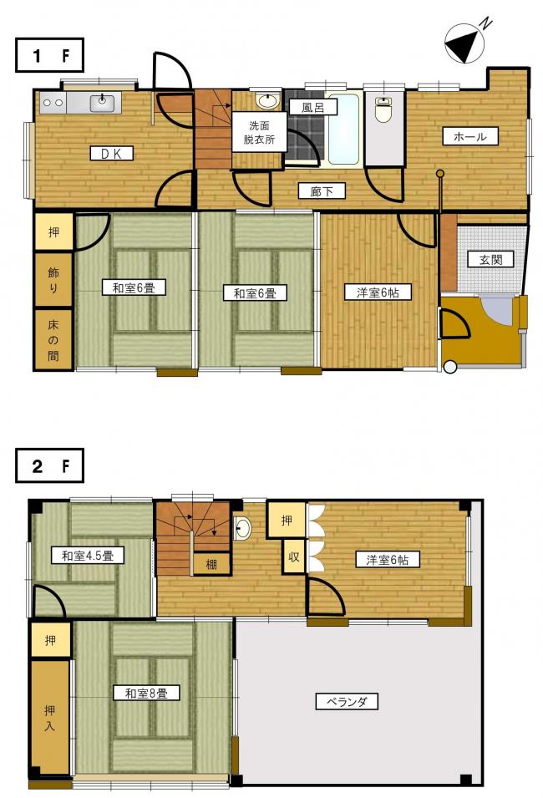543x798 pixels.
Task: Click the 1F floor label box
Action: (49, 55)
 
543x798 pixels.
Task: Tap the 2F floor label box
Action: (49, 465)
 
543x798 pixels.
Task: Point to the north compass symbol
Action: (464, 45)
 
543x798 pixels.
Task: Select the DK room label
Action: (112, 153)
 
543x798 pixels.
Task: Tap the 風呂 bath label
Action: (313, 108)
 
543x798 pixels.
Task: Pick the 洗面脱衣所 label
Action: (259, 132)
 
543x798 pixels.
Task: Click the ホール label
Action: (469, 136)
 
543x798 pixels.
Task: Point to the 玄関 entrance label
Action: (491, 260)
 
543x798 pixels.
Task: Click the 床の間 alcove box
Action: (53, 339)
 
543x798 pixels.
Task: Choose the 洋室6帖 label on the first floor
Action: (377, 292)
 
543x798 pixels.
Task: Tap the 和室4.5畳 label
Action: (88, 555)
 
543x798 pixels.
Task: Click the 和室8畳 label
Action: (146, 693)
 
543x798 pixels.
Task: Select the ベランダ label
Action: (347, 702)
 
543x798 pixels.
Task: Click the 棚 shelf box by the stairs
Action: (211, 563)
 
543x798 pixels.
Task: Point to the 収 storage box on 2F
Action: (294, 557)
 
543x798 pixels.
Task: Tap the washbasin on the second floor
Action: (243, 527)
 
